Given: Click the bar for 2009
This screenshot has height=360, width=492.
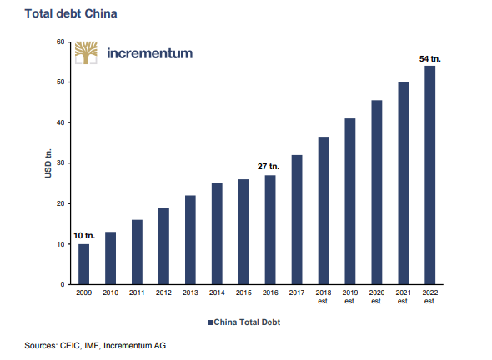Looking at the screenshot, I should coord(83,264).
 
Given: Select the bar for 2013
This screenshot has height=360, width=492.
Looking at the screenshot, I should coord(190,240).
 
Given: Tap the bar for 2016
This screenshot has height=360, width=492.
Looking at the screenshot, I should coord(270,229).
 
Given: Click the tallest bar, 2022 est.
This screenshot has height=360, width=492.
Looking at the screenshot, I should coord(430,175).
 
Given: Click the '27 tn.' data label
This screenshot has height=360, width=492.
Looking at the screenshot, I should coord(268,167).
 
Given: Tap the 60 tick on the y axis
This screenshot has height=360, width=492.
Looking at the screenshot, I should coord(60,42).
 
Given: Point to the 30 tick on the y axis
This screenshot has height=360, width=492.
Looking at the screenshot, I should coord(60,163).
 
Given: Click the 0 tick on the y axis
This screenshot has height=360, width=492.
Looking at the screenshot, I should coord(63,285).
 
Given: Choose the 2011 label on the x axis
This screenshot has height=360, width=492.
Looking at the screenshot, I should coord(137,293).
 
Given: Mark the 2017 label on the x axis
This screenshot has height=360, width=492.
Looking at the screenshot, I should coord(297,293).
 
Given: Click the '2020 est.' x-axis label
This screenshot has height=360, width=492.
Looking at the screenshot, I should coord(377,297).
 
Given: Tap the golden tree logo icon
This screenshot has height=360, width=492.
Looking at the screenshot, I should coord(86,52).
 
